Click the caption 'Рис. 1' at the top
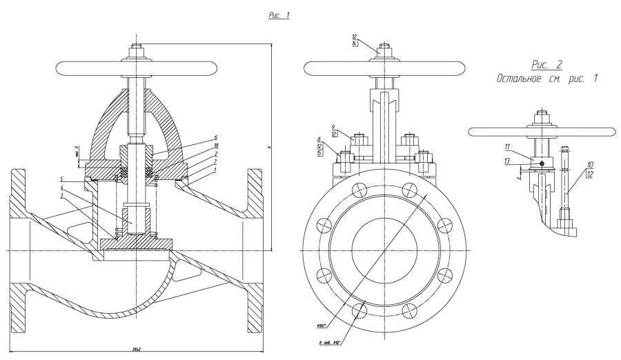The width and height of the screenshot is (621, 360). click(x=279, y=15)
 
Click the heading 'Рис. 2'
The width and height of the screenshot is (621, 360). click(x=547, y=64)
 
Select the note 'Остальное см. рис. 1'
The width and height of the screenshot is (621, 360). click(x=546, y=79)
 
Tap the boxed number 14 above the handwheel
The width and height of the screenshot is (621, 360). click(x=354, y=43)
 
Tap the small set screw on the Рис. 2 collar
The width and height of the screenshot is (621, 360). click(x=542, y=163)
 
